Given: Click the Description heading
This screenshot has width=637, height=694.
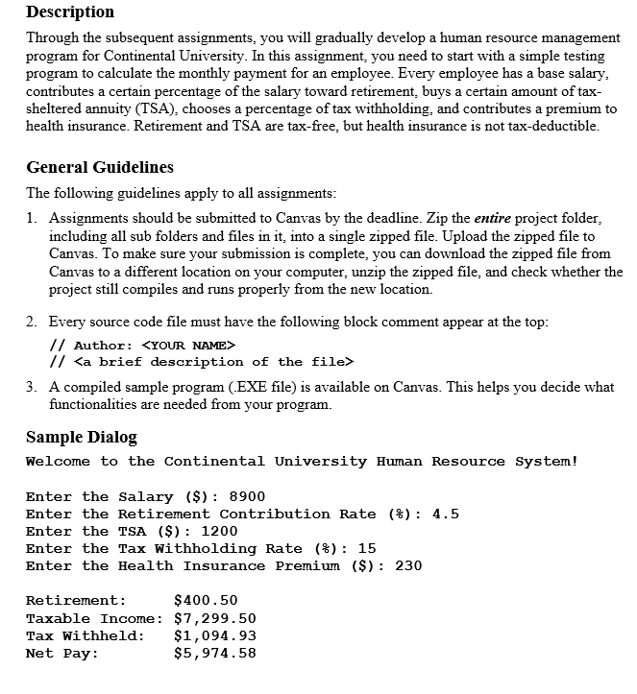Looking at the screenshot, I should coord(70,12).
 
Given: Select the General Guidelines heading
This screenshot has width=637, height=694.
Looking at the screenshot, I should coord(100,167).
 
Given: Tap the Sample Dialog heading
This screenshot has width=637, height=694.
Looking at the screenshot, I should coord(82,437).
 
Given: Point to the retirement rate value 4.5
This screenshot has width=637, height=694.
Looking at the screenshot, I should coord(446,514).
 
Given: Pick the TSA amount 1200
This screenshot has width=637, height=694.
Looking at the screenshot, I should coord(219,531).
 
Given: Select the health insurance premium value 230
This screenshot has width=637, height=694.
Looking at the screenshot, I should coord(408,565).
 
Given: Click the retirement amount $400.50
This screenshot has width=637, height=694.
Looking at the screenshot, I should coord(206,601).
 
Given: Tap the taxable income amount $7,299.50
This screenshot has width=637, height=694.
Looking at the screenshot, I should coord(214,618).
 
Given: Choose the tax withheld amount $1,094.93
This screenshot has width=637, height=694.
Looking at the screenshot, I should coord(214,635).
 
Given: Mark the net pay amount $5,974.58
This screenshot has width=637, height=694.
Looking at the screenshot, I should coord(214,653).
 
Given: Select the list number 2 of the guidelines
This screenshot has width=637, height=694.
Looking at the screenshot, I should coord(32,323).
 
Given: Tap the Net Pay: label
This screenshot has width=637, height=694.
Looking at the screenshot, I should coord(62,653).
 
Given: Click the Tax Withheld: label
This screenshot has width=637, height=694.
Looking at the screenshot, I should coord(86,635).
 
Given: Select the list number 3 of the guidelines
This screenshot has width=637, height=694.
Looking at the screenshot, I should coord(32,388).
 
